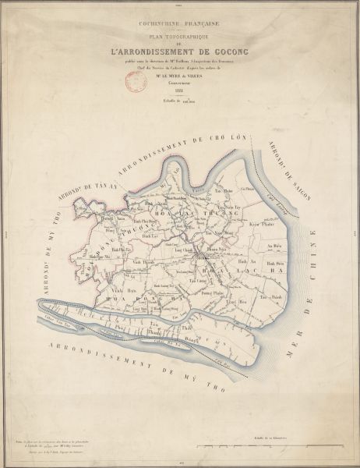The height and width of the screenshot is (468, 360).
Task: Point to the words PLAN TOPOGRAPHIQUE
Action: point(180,35)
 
